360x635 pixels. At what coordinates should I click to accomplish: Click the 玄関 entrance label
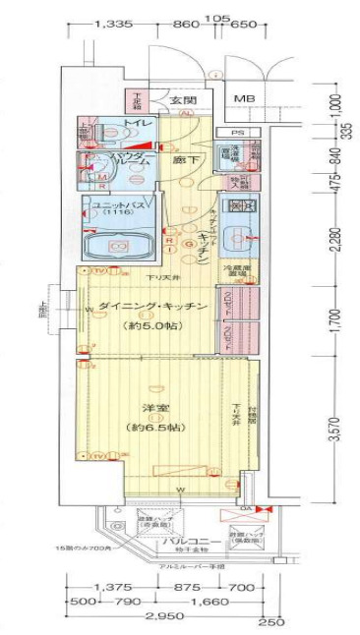(182, 101)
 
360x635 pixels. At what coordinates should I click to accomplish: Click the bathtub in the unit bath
(116, 245)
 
